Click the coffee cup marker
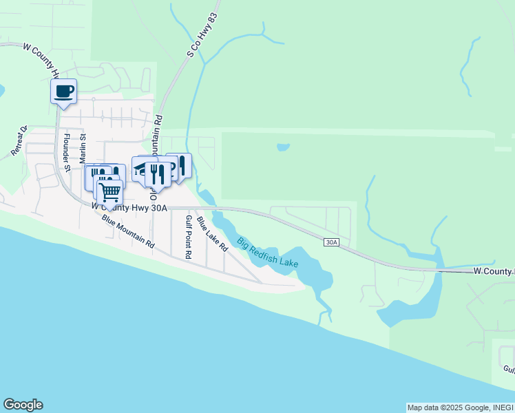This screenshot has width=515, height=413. click(x=63, y=92)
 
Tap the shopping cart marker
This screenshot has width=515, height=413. click(x=109, y=192)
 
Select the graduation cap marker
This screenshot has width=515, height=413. click(x=143, y=169)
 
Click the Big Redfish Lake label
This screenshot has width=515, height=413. click(x=267, y=253)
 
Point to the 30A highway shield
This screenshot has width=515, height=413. click(x=332, y=242)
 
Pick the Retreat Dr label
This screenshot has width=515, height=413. click(x=19, y=140)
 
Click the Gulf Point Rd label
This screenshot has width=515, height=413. click(x=187, y=235)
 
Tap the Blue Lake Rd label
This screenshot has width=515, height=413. click(x=211, y=234)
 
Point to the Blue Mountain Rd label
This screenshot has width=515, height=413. click(x=128, y=231)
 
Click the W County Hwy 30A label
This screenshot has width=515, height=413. click(x=129, y=206)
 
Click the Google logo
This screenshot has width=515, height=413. click(x=23, y=405)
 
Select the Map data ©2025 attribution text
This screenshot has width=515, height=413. click(x=441, y=407)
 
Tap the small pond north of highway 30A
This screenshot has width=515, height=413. click(x=283, y=147)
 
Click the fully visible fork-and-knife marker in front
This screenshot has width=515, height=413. click(x=158, y=175)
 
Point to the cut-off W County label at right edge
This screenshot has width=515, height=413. click(x=494, y=273)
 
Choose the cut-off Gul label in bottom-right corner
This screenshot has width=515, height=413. click(x=508, y=369)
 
